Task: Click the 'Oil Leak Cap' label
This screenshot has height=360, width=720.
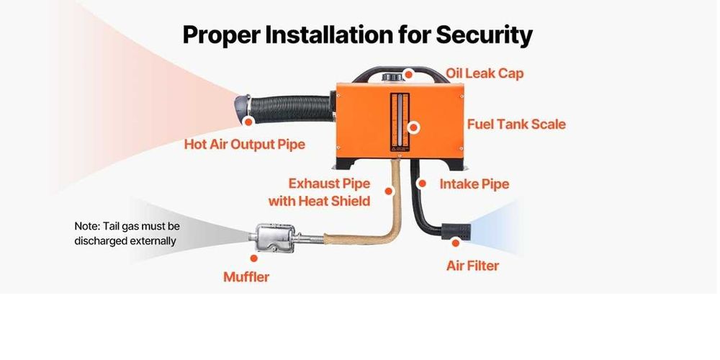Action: (x=485, y=73)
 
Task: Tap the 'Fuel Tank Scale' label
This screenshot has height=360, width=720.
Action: (x=516, y=124)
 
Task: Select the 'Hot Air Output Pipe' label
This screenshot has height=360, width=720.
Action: (x=245, y=144)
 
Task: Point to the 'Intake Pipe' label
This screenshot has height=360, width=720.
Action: (x=474, y=184)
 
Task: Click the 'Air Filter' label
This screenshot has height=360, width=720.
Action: (x=472, y=266)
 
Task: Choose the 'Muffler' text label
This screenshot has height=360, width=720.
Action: (x=246, y=276)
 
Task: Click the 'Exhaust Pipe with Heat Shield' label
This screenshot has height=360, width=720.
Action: (x=319, y=192)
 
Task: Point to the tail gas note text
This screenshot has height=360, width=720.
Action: (x=127, y=233)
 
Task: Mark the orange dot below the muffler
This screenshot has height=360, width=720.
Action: (x=253, y=258)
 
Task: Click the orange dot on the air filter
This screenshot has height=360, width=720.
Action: (x=455, y=243)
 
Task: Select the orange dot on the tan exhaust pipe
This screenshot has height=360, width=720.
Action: (x=389, y=192)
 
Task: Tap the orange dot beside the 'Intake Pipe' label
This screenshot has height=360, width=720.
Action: (x=423, y=184)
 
